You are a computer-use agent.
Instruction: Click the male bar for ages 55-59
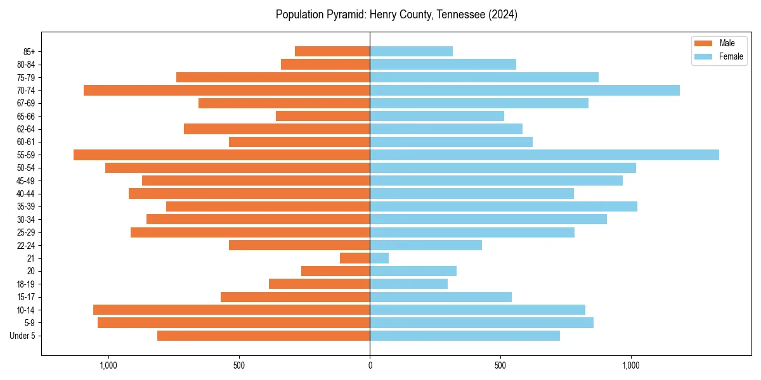click(x=222, y=155)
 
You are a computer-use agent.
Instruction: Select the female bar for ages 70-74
click(x=524, y=90)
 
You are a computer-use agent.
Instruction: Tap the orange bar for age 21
click(x=354, y=258)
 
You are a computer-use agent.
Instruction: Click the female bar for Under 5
click(x=465, y=335)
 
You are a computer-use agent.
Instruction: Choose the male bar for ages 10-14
click(x=231, y=310)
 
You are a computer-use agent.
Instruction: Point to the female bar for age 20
click(x=413, y=271)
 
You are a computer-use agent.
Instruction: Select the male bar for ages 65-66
click(x=323, y=116)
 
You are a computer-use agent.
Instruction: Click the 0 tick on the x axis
click(x=370, y=365)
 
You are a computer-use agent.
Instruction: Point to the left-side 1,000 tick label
click(x=108, y=365)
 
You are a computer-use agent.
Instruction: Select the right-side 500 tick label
click(x=500, y=365)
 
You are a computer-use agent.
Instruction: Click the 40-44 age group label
click(x=26, y=194)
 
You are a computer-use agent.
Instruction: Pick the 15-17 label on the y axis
click(x=26, y=297)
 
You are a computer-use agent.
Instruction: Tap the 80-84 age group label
click(x=26, y=65)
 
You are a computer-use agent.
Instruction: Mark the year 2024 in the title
click(x=505, y=15)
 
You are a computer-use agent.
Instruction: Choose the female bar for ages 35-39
click(x=504, y=206)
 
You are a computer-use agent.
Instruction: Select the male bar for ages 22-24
click(x=299, y=245)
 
